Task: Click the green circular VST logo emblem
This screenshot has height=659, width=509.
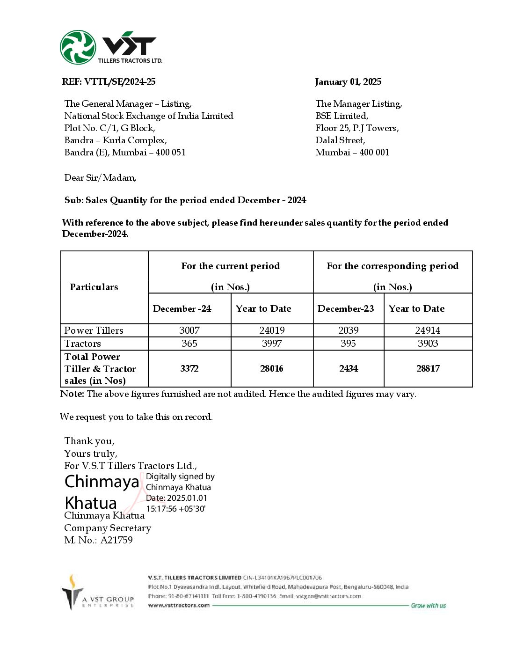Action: tap(78, 47)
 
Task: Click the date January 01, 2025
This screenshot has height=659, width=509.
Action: tap(348, 82)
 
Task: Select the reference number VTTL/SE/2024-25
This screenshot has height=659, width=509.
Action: tap(120, 82)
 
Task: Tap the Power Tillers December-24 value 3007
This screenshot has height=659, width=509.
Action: tap(189, 330)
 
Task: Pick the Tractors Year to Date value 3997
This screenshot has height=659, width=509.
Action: tap(272, 344)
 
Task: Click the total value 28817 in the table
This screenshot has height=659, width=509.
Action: tap(428, 369)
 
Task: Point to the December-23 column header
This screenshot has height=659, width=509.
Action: tap(346, 309)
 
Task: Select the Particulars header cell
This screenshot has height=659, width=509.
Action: tap(94, 287)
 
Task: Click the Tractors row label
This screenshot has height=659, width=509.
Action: tap(83, 344)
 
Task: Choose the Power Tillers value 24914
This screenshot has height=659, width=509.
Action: tap(428, 330)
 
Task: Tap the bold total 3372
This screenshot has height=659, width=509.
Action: tap(189, 369)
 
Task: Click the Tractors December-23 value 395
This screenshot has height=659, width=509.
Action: tap(348, 344)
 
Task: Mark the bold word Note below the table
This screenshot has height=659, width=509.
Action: tap(72, 394)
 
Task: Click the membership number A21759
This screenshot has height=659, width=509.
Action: tap(116, 540)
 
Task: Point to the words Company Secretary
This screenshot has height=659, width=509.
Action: tap(108, 528)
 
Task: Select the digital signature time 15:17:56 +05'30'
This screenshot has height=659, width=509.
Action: tap(176, 509)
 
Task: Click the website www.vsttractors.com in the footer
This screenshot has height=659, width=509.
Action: tap(179, 605)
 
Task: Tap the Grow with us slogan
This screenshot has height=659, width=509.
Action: tap(428, 606)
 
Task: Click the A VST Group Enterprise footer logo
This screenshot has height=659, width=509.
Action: tap(98, 593)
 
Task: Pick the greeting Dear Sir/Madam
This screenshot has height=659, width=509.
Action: tap(101, 178)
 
